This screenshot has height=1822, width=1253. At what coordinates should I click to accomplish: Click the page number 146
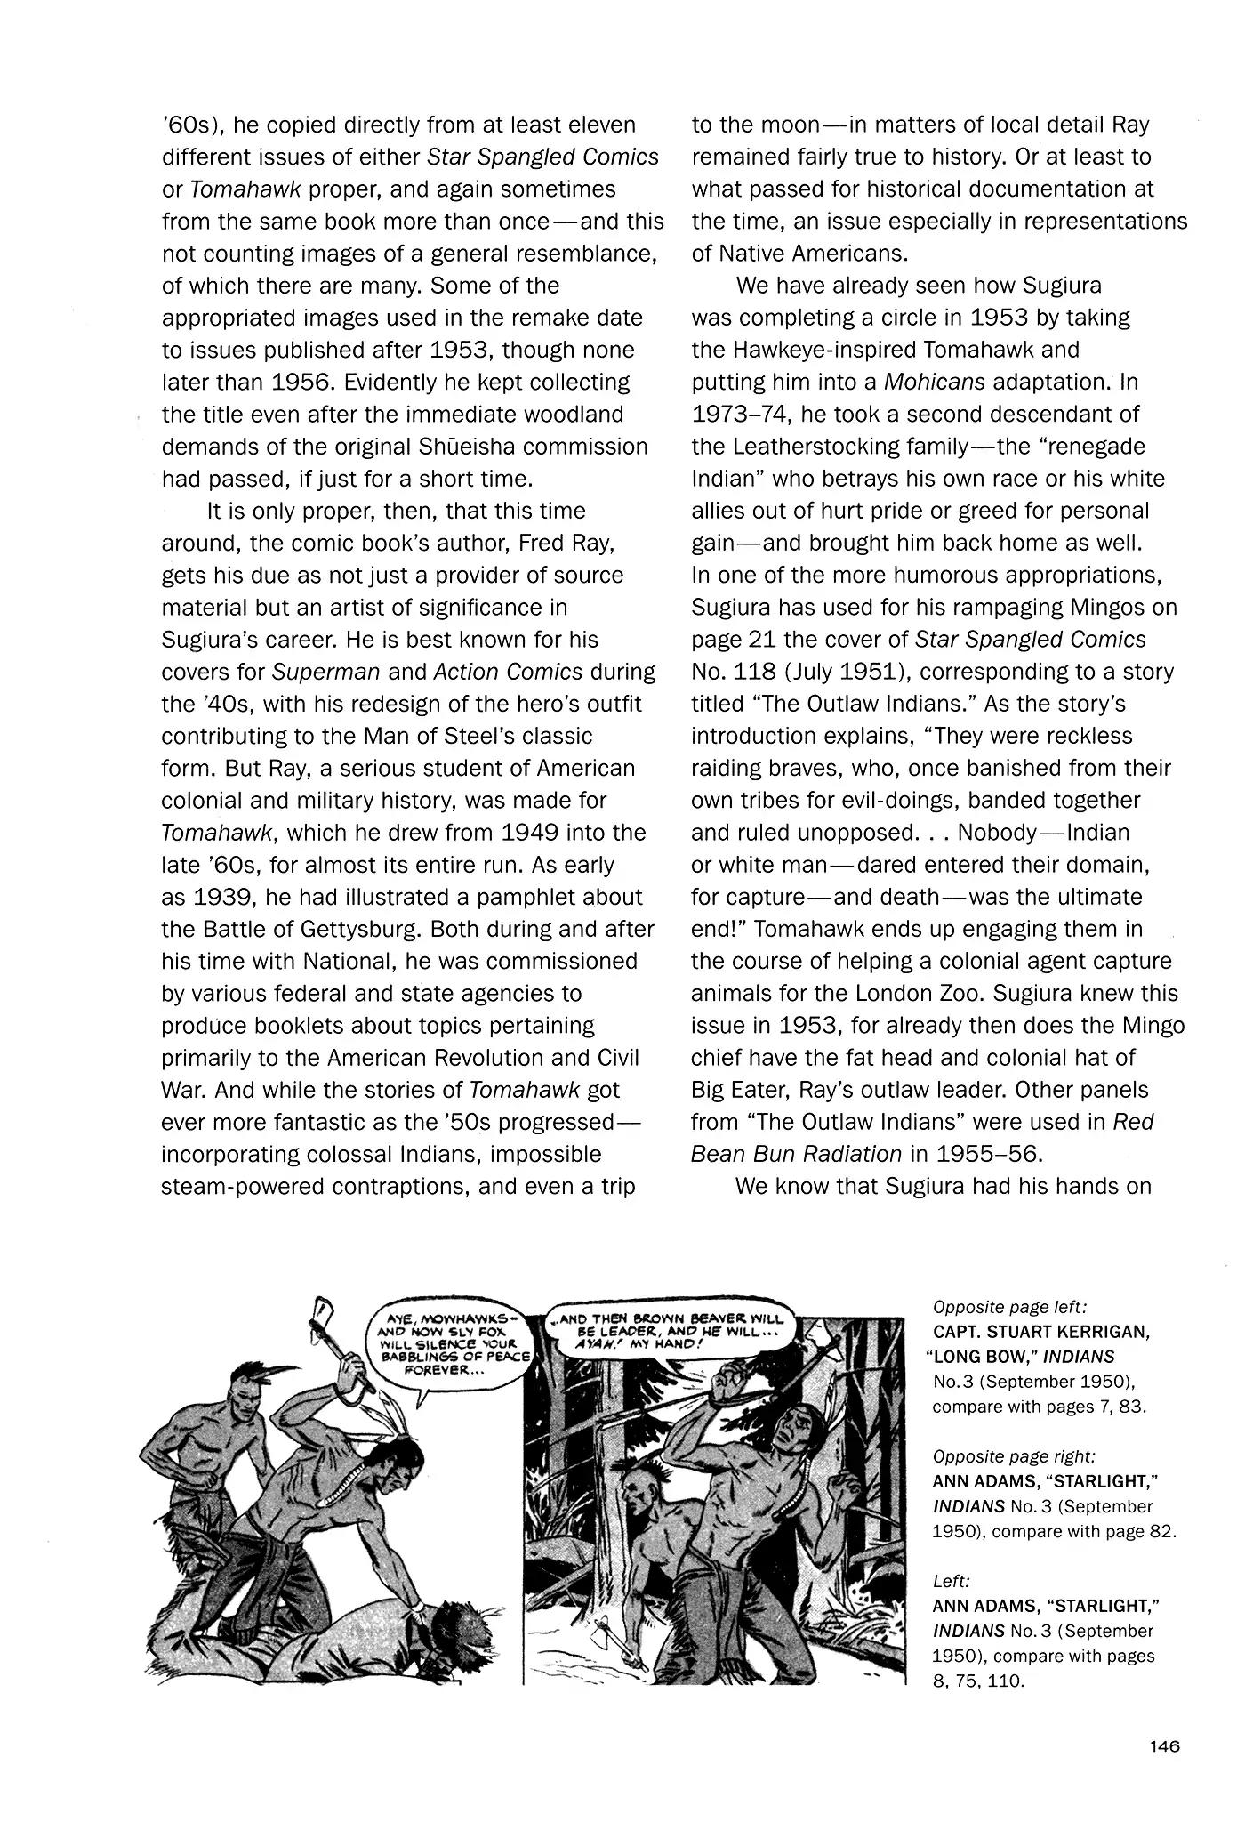click(x=1163, y=1746)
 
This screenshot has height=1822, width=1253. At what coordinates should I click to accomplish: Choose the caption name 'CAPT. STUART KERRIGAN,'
click(x=1041, y=1332)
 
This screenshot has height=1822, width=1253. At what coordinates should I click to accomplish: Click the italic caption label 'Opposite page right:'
click(x=1014, y=1456)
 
